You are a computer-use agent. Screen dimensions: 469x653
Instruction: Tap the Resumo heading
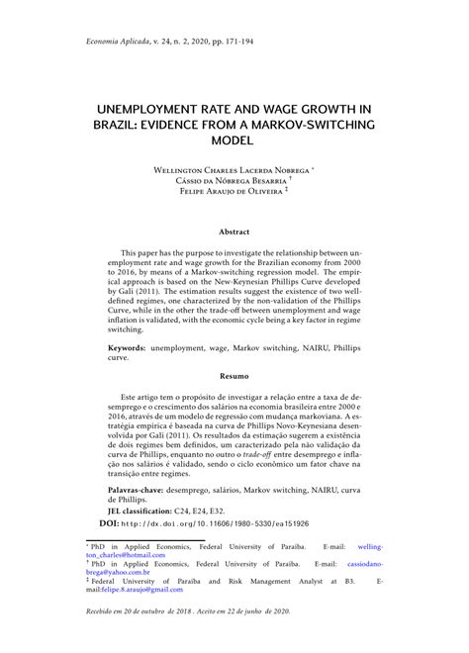point(234,377)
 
